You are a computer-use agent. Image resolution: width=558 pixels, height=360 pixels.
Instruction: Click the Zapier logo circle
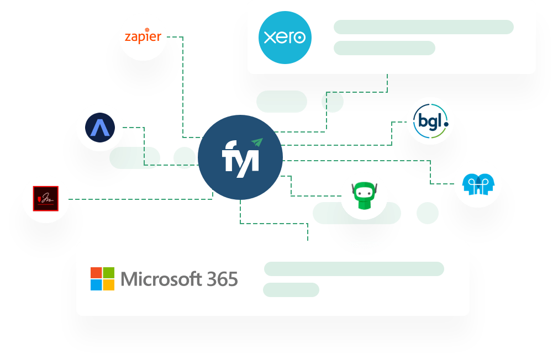pyautogui.click(x=143, y=37)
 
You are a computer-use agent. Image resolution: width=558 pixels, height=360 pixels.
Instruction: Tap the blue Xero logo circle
pyautogui.click(x=285, y=38)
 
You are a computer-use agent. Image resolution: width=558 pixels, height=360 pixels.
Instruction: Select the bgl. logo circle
pyautogui.click(x=430, y=121)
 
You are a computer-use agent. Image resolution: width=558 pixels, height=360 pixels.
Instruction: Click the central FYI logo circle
pyautogui.click(x=240, y=157)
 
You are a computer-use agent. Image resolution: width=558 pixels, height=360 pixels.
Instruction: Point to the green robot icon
pyautogui.click(x=364, y=196)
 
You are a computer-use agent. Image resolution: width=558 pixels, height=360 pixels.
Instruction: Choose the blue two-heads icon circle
pyautogui.click(x=478, y=184)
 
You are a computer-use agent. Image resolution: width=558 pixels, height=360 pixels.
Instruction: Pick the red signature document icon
pyautogui.click(x=46, y=199)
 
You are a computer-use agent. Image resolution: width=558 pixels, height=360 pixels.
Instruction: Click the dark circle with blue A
pyautogui.click(x=100, y=128)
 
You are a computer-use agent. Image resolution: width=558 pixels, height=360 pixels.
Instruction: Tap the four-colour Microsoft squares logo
pyautogui.click(x=102, y=279)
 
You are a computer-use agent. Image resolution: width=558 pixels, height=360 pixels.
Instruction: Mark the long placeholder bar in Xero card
pyautogui.click(x=423, y=27)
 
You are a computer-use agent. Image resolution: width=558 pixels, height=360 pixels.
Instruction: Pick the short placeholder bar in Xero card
pyautogui.click(x=384, y=48)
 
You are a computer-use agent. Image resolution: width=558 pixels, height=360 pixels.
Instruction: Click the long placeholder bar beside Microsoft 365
pyautogui.click(x=354, y=269)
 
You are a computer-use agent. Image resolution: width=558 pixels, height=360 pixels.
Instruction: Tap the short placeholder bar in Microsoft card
pyautogui.click(x=291, y=290)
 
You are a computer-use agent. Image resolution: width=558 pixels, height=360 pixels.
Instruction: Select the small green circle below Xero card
pyautogui.click(x=333, y=102)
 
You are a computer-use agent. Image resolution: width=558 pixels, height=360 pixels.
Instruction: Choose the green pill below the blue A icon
pyautogui.click(x=135, y=158)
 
